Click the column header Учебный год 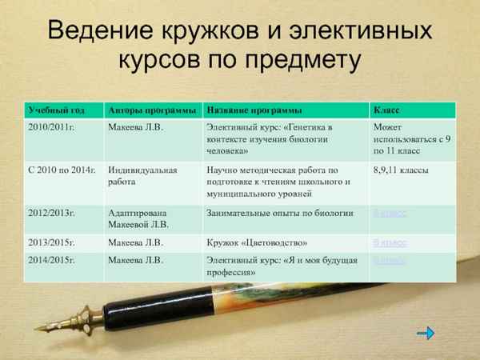click(55, 110)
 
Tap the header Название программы click(254, 110)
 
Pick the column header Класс click(387, 110)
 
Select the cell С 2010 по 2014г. click(61, 170)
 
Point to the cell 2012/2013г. click(51, 214)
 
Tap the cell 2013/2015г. click(51, 242)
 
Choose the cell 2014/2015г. click(51, 260)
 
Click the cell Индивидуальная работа click(143, 176)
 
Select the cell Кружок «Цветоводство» click(257, 242)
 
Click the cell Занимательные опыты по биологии click(280, 214)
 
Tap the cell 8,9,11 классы click(401, 170)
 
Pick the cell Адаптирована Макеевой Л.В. click(143, 219)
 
